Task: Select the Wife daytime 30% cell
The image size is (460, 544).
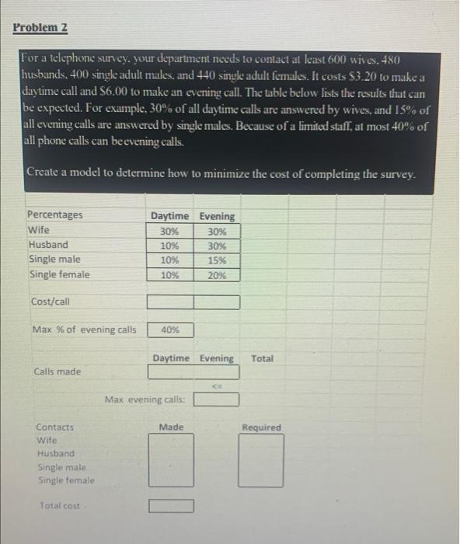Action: pos(169,231)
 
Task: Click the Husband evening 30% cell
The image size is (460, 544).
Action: pos(217,246)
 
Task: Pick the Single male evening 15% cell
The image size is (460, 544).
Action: pos(217,260)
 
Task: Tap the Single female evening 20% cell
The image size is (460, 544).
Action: pos(217,275)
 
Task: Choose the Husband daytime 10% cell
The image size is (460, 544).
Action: pos(169,246)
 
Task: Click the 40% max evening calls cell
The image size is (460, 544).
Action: pos(169,330)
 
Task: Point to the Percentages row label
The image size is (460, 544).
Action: pos(54,215)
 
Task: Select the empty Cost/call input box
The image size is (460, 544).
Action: pos(193,302)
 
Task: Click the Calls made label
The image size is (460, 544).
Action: pos(57,371)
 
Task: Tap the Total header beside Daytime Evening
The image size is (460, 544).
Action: pos(263,358)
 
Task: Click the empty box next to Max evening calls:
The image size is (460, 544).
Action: pos(216,400)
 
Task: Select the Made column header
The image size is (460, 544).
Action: pos(171,427)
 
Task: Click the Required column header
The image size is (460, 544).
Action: pos(262,427)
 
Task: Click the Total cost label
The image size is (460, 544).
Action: pos(60,506)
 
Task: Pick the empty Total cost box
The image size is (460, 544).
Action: pos(170,506)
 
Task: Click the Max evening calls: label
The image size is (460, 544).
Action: pos(145,400)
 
